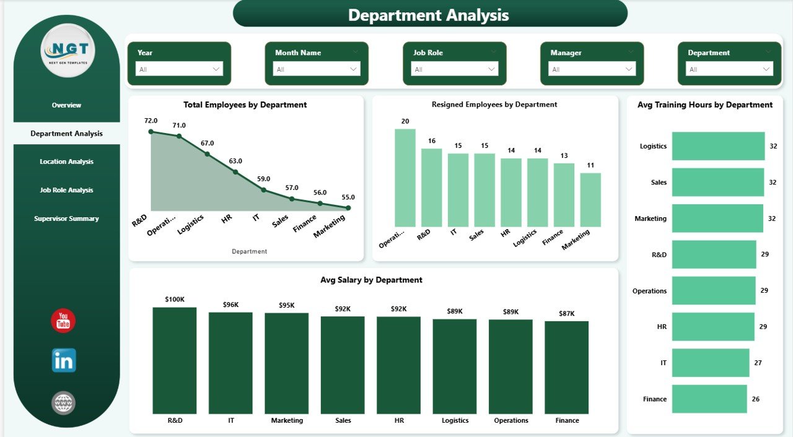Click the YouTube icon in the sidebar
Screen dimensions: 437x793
[63, 321]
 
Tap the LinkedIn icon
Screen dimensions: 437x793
[64, 360]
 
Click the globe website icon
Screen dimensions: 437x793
[63, 403]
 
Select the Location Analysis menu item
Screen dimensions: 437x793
[66, 162]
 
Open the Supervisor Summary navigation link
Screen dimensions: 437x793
[66, 218]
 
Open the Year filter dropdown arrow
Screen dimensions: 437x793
[217, 69]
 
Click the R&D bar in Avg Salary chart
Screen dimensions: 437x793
[175, 360]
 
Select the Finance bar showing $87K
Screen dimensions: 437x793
[567, 367]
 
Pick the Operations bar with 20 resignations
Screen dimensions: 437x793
[405, 178]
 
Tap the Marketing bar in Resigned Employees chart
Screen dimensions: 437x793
[590, 199]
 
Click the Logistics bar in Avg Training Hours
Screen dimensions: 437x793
[718, 146]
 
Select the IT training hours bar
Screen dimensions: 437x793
[711, 363]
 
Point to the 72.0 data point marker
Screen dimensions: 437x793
[151, 131]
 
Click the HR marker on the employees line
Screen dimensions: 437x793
[235, 171]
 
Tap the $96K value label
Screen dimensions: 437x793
[231, 305]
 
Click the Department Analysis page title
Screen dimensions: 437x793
[429, 15]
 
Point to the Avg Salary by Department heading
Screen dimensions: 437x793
[371, 280]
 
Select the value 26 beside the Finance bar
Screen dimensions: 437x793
[755, 399]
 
